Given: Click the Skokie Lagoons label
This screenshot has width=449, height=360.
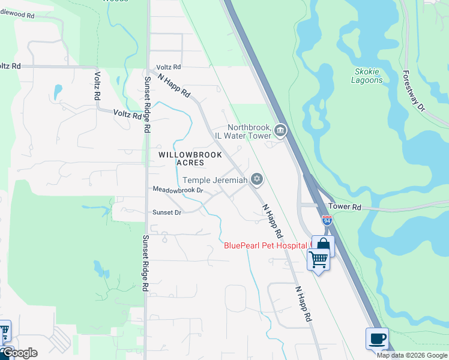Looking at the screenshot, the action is pos(366,76).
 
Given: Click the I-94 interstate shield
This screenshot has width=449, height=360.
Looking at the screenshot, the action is pos(327,220).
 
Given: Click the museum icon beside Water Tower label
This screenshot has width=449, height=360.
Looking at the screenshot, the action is pos(280,130).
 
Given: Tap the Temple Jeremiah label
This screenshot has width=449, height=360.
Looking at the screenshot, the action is pos(214,180).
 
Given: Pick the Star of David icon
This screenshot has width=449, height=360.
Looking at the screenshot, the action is pos(257,179).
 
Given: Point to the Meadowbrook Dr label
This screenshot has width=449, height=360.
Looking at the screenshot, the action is pos(178,190).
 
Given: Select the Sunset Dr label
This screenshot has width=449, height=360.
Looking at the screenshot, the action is pos(167,212).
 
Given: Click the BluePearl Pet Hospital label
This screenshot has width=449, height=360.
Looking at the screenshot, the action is pos(266,245).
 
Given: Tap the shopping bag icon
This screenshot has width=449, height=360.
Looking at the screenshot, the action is pos(323,245).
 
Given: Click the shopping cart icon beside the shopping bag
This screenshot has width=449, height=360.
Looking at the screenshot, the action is pos(318,260).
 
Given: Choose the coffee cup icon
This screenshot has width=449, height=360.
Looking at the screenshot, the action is pos(377,338).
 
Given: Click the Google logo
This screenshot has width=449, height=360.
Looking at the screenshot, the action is pos(19,353).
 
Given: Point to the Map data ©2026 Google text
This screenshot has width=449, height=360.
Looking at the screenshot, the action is pos(412,355).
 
